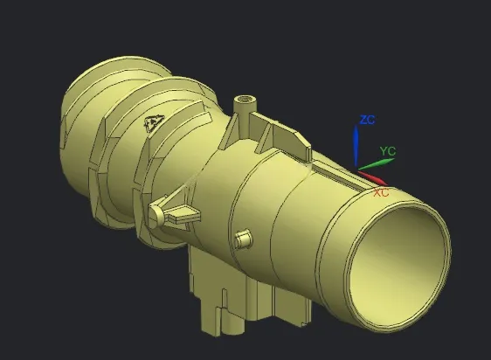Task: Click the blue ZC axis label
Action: pos(367,120)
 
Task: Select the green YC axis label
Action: pos(388,151)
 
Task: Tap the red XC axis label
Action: pos(382,192)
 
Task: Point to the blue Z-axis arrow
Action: pos(356,145)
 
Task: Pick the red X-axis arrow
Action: pos(373,178)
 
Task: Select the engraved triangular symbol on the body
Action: pos(154,122)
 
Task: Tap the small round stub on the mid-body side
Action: pos(243,238)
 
